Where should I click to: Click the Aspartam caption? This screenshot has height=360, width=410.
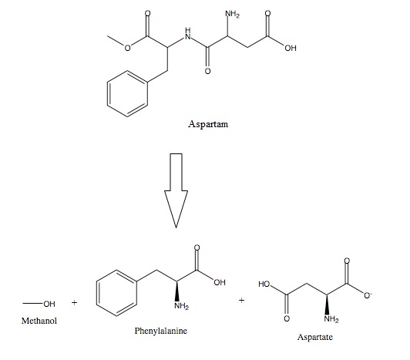(208, 124)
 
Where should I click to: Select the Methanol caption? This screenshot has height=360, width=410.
(39, 321)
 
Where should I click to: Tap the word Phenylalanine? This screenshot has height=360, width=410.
(161, 331)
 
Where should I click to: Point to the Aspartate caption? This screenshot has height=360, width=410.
(314, 337)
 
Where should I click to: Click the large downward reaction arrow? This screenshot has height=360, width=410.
(176, 190)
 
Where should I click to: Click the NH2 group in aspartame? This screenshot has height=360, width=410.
(232, 14)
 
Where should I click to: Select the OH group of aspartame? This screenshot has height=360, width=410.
(291, 48)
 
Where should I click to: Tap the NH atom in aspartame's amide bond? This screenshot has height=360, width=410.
(188, 34)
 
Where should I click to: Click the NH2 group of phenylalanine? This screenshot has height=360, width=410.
(181, 305)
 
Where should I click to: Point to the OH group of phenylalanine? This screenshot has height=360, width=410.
(220, 282)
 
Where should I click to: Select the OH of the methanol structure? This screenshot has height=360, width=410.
(49, 304)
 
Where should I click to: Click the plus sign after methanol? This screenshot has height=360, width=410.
(75, 303)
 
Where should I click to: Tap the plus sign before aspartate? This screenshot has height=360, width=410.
(242, 300)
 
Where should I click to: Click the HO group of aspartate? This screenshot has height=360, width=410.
(264, 284)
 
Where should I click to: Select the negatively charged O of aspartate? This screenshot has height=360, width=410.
(368, 295)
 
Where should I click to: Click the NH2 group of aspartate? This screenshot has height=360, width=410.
(331, 319)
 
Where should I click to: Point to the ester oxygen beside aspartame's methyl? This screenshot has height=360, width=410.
(127, 48)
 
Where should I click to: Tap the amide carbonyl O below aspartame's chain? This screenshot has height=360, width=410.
(207, 71)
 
